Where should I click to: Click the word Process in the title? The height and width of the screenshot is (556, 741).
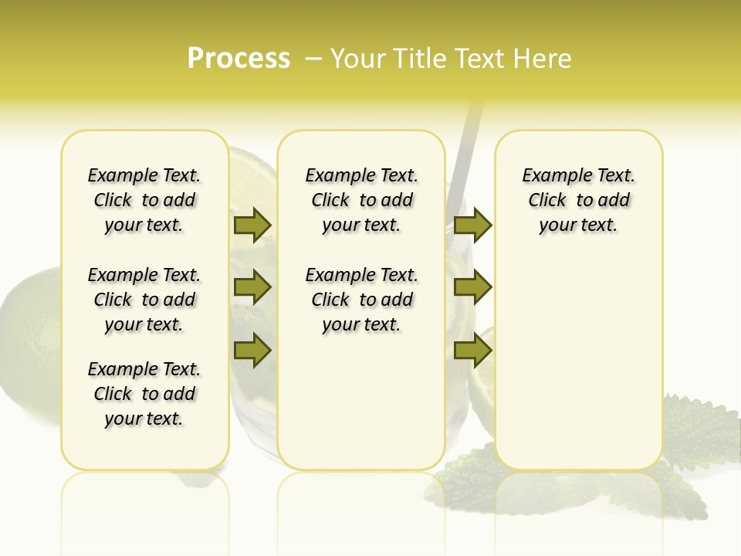(x=239, y=59)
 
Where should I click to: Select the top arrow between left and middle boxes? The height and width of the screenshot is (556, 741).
(x=252, y=225)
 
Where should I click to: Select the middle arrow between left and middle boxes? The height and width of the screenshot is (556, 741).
(x=252, y=287)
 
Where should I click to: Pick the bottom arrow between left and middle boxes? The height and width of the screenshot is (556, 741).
(x=252, y=351)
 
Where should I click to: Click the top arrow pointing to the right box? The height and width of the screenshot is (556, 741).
(x=472, y=225)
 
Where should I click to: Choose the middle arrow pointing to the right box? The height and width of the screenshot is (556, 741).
(x=472, y=287)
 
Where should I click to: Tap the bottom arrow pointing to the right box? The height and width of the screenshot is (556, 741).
(x=472, y=351)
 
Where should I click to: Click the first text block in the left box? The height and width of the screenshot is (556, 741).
(x=144, y=200)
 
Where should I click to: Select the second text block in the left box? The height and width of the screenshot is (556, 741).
(x=144, y=300)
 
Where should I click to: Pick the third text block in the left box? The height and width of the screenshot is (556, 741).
(x=144, y=394)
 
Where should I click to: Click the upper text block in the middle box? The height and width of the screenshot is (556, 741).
(x=361, y=200)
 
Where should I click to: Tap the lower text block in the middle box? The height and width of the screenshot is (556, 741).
(x=361, y=300)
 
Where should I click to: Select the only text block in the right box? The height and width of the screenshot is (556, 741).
(x=578, y=200)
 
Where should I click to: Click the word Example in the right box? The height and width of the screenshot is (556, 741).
(x=551, y=176)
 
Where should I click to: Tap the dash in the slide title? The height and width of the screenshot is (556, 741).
(x=313, y=59)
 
